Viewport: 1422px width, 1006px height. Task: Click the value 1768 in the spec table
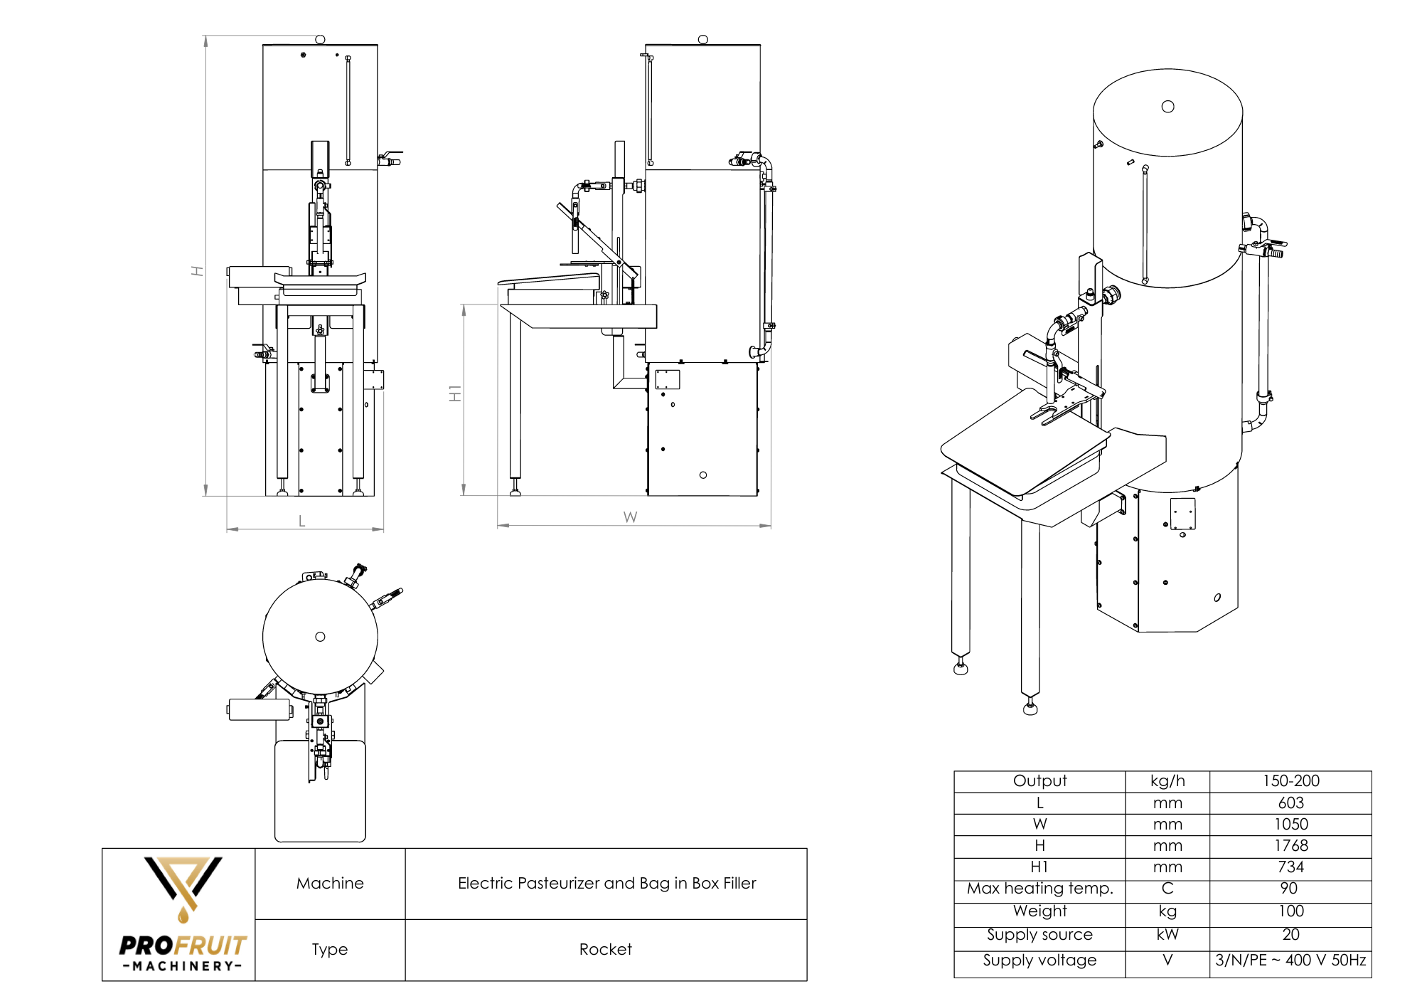click(1290, 845)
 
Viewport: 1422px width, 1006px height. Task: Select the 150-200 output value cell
click(1290, 780)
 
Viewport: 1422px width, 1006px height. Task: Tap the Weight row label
click(1039, 911)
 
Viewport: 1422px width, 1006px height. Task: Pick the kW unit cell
click(1167, 934)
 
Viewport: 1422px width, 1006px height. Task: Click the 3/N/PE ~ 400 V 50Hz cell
click(1290, 960)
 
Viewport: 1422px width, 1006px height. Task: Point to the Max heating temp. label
click(1039, 888)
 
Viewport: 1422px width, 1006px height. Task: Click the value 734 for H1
click(1290, 867)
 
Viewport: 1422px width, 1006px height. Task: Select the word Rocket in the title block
click(605, 949)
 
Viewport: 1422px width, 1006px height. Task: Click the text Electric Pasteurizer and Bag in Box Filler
click(606, 883)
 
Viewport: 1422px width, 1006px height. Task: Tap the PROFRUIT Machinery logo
click(183, 914)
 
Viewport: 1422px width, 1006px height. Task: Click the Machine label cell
click(330, 883)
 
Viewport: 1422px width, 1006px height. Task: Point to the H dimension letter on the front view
click(197, 271)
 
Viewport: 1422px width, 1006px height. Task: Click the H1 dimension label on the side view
click(455, 393)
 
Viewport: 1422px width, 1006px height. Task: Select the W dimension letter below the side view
click(630, 517)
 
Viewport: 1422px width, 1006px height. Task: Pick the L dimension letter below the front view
click(301, 521)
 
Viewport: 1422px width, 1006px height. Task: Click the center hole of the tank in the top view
click(320, 637)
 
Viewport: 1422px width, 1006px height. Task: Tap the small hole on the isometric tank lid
click(1167, 107)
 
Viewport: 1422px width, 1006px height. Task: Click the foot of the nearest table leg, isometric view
click(1030, 709)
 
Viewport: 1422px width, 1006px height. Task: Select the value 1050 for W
click(1290, 824)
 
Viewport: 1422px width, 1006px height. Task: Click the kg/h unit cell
click(1167, 780)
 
